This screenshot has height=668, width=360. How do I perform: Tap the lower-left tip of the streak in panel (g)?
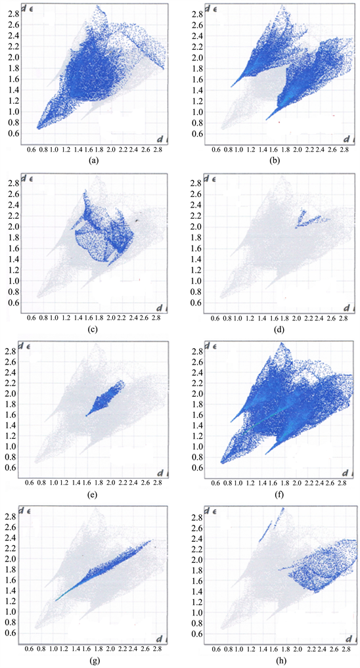point(57,600)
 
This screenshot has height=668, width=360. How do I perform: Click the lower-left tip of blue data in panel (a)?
point(39,127)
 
